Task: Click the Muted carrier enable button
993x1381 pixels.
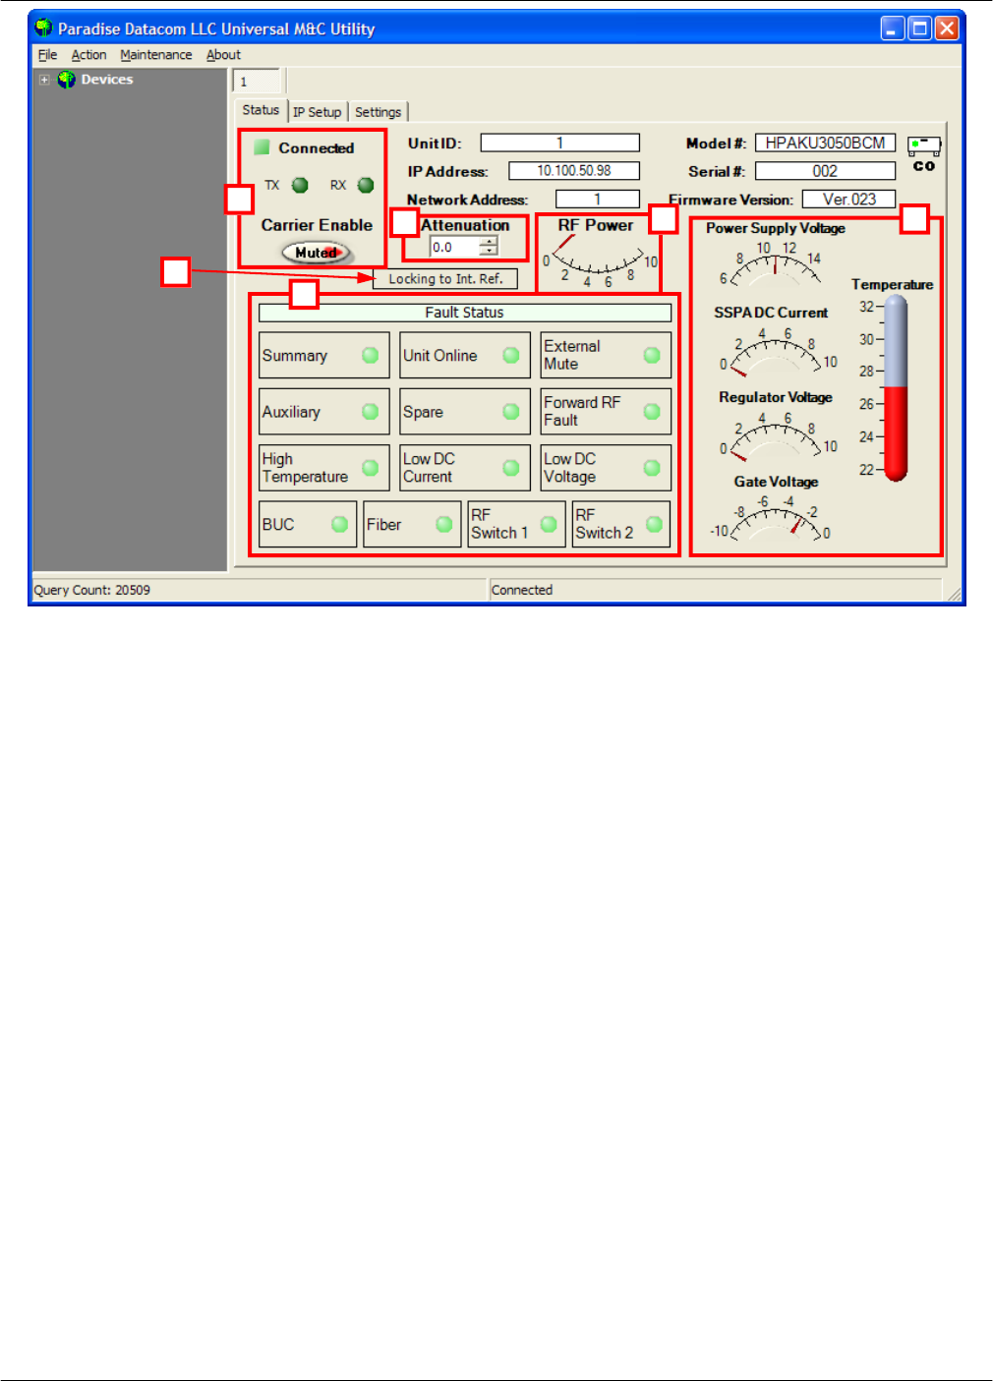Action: [316, 253]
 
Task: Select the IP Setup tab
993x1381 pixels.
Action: [317, 112]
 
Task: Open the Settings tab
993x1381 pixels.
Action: [378, 112]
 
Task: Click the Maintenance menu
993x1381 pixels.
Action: [156, 55]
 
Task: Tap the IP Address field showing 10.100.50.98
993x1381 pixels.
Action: [573, 171]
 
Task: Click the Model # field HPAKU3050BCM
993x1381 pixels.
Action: [825, 144]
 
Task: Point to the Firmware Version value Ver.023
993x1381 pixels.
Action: [848, 200]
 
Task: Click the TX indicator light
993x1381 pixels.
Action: [300, 185]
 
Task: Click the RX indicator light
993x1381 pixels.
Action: [366, 185]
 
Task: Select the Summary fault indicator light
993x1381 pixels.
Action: [370, 356]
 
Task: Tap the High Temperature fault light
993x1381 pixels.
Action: [370, 468]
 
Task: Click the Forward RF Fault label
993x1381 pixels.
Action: [582, 411]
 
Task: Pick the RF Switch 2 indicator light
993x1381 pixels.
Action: [654, 524]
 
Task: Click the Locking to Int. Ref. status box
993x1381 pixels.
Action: [445, 279]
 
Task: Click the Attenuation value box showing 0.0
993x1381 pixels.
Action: [454, 248]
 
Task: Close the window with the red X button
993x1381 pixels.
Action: [946, 29]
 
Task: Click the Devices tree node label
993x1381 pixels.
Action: [106, 80]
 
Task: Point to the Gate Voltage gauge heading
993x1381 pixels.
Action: [776, 482]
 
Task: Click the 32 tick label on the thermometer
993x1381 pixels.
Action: [866, 307]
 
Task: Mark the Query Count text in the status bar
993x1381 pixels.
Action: [92, 590]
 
